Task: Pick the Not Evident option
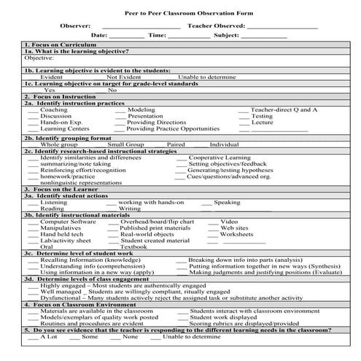pos(124,77)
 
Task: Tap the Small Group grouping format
pos(125,144)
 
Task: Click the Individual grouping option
pos(224,144)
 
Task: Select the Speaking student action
pos(227,202)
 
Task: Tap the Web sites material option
pos(234,228)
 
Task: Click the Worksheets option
pos(236,234)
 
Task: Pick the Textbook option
pos(133,247)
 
